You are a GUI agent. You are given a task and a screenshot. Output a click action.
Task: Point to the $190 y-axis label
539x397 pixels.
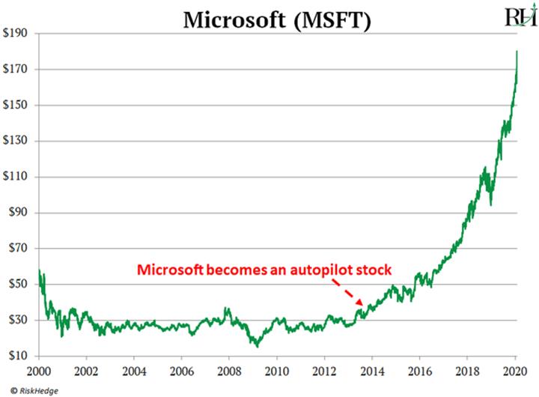(17, 34)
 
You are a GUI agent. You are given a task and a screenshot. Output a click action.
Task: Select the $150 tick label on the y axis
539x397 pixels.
(17, 106)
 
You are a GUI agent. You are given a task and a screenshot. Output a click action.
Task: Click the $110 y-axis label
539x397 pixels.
(17, 177)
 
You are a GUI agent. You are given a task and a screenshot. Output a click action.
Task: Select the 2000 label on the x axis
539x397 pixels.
(38, 371)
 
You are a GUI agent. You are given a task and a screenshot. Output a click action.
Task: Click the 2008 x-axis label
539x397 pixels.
(229, 371)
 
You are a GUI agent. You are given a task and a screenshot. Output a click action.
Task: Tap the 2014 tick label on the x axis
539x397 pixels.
(372, 371)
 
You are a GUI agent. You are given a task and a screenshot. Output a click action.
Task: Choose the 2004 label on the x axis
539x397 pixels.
(134, 371)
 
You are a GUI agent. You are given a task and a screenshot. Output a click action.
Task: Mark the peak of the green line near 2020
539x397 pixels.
(516, 52)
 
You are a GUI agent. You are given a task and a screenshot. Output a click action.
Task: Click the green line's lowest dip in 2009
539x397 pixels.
(257, 346)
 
